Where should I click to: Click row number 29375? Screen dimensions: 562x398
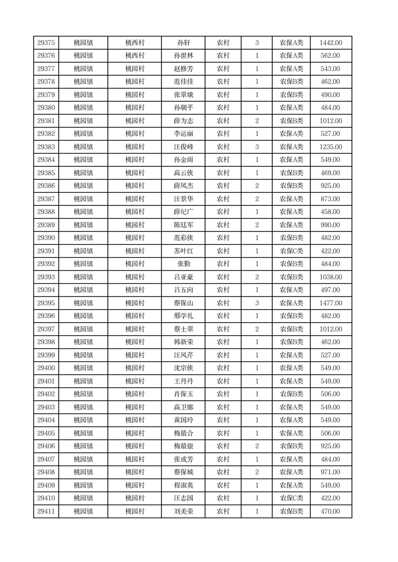(x=46, y=43)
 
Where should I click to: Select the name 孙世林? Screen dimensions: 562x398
(x=183, y=56)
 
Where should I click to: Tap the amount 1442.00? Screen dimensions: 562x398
(x=331, y=43)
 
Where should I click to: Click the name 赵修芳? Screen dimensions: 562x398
(x=183, y=69)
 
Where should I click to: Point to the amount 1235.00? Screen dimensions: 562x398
(x=331, y=147)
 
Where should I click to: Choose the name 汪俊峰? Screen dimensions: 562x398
(x=183, y=147)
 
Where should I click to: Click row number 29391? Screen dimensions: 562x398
(x=46, y=251)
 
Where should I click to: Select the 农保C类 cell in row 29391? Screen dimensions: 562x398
(x=291, y=251)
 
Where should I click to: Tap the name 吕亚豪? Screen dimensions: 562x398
(x=183, y=277)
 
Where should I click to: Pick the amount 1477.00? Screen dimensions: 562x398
(x=331, y=303)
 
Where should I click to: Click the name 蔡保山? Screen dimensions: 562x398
(x=183, y=303)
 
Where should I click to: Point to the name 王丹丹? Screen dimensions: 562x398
(x=183, y=381)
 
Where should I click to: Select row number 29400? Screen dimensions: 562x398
(x=46, y=368)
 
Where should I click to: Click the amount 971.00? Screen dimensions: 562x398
(x=331, y=472)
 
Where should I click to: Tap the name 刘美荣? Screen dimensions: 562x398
(x=183, y=511)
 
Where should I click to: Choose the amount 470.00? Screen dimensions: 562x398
(x=331, y=511)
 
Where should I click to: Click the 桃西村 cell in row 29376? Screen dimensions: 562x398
(x=135, y=56)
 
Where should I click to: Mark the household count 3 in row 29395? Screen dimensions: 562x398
(x=257, y=303)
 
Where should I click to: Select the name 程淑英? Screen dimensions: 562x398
(x=183, y=485)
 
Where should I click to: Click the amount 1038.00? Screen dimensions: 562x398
(x=331, y=277)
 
